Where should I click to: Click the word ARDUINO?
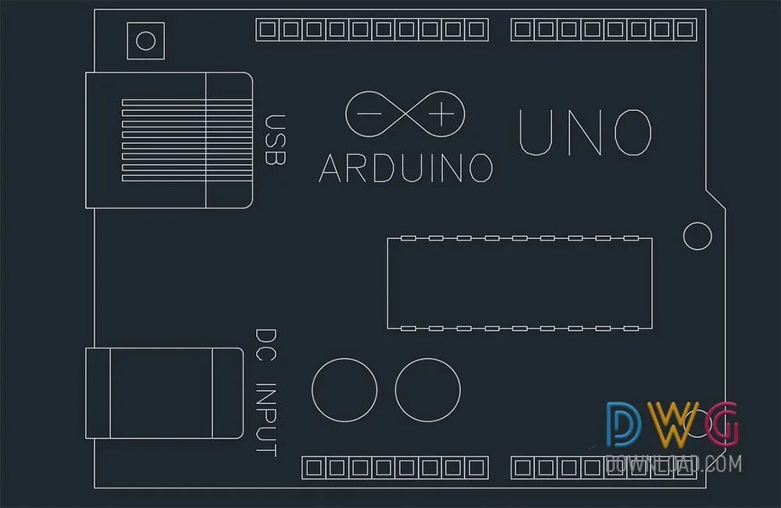click(406, 167)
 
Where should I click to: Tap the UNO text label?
click(585, 132)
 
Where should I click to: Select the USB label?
click(275, 140)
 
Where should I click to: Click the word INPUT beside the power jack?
click(266, 419)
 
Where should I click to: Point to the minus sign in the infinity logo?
click(369, 114)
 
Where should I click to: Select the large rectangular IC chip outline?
click(519, 282)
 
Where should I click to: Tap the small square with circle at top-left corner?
click(146, 41)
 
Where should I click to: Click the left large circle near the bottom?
click(344, 390)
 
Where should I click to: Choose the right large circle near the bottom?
click(427, 390)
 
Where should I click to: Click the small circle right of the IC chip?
click(697, 235)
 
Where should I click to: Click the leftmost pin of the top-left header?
click(268, 30)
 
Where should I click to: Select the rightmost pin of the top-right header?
click(685, 30)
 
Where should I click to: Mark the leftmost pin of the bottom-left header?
click(314, 468)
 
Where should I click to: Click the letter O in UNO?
click(632, 132)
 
